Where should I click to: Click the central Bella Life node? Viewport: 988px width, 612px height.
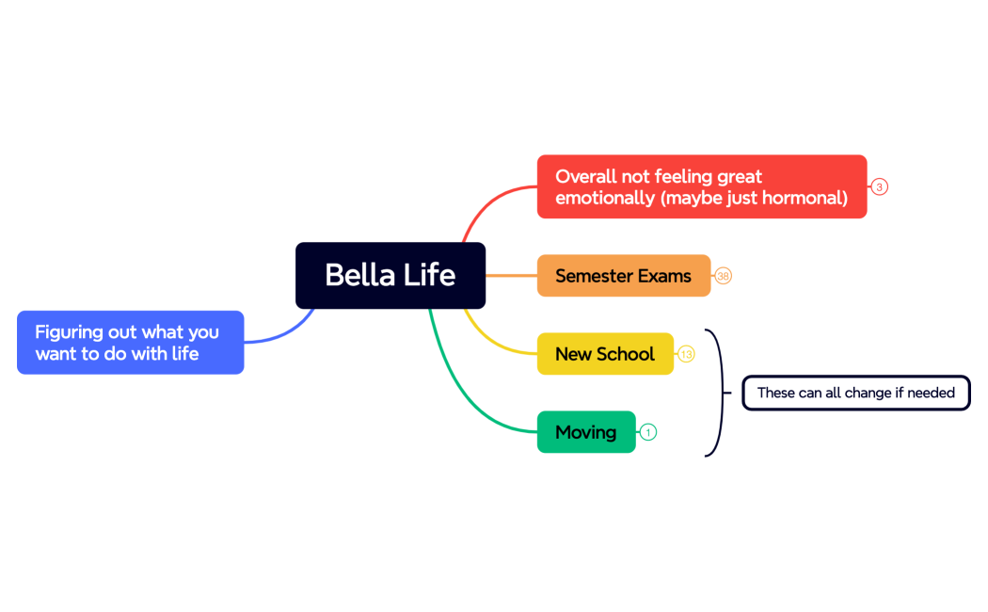(x=390, y=275)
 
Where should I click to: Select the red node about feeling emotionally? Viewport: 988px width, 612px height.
(x=701, y=186)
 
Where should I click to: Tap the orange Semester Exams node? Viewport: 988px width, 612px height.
(x=623, y=276)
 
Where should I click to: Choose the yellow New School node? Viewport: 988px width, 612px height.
(x=604, y=354)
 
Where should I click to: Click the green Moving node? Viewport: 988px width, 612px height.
(x=585, y=432)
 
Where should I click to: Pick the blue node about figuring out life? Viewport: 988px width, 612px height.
(x=130, y=343)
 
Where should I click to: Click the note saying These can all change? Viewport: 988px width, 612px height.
(x=855, y=393)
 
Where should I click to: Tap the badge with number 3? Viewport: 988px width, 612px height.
(x=879, y=186)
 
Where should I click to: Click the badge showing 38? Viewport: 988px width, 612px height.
(x=723, y=276)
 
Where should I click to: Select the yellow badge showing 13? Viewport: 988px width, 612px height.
(x=686, y=354)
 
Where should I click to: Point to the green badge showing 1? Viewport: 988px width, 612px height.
(x=647, y=432)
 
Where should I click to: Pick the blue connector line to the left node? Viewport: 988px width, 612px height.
(x=282, y=334)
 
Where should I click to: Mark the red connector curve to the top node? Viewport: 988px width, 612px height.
(x=485, y=202)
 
